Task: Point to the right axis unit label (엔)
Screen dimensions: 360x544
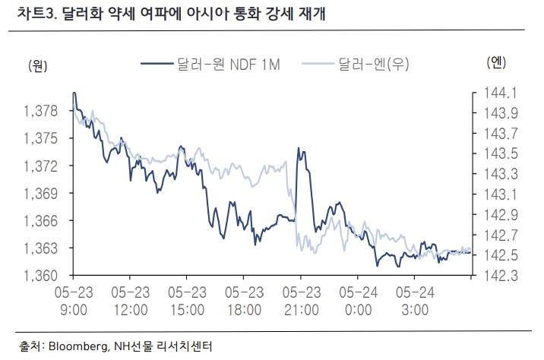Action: pyautogui.click(x=495, y=62)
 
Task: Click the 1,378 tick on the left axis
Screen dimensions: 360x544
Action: pyautogui.click(x=41, y=111)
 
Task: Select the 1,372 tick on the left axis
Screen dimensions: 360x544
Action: pyautogui.click(x=41, y=166)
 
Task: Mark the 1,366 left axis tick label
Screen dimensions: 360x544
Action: pyautogui.click(x=41, y=220)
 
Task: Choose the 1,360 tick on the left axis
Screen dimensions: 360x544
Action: pyautogui.click(x=41, y=275)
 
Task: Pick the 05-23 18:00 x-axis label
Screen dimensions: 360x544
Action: pyautogui.click(x=243, y=300)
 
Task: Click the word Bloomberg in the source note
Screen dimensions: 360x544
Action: pyautogui.click(x=79, y=346)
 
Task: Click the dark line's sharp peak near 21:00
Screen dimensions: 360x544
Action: pyautogui.click(x=301, y=150)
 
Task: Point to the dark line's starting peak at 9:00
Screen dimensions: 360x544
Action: pyautogui.click(x=74, y=93)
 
